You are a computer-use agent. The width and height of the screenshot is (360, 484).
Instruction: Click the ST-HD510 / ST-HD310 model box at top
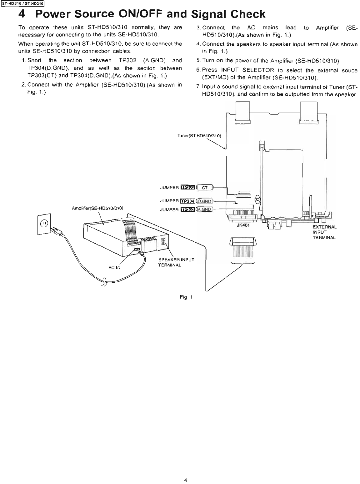pos(22,4)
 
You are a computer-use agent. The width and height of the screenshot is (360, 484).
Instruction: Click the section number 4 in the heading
pos(22,14)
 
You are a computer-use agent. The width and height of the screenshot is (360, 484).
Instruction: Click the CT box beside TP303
pos(205,188)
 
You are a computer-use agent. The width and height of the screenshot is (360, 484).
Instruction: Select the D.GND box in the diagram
pos(205,201)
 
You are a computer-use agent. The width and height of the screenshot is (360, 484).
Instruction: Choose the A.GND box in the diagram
pos(205,209)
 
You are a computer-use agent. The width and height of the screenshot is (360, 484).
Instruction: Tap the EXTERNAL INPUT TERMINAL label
pos(324,232)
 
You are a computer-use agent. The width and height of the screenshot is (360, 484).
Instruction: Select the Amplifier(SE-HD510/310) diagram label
pos(99,208)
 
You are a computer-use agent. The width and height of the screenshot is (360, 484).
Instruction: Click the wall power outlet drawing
pos(44,223)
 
